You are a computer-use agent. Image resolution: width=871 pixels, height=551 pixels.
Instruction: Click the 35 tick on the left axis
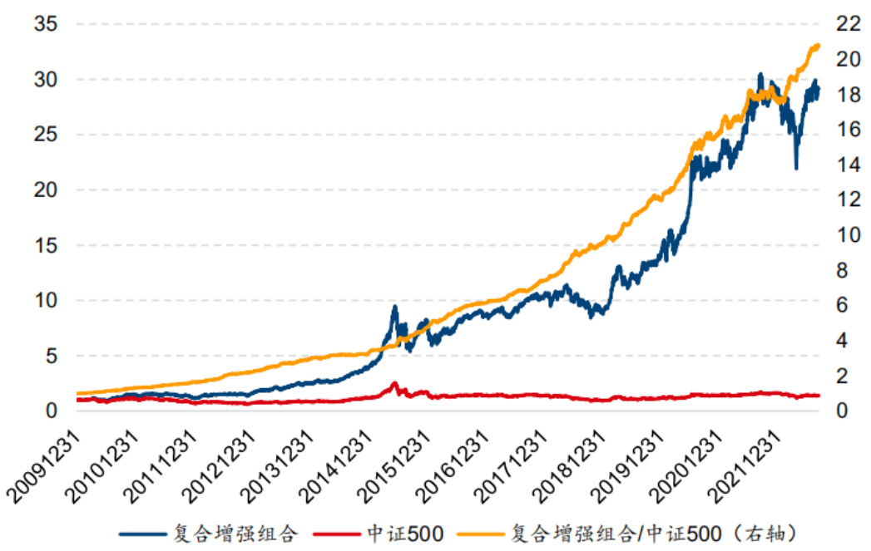(46, 25)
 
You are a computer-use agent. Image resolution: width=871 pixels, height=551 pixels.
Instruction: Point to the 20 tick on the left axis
(46, 190)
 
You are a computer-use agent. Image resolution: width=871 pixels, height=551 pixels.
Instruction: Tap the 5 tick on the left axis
(52, 356)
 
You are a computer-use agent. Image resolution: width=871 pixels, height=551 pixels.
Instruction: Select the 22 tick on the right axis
(844, 25)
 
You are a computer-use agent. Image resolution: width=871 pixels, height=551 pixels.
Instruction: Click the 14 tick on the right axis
(844, 165)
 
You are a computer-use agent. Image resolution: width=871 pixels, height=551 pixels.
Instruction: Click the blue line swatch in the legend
(143, 533)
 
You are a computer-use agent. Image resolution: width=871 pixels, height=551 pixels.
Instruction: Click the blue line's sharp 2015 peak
(394, 307)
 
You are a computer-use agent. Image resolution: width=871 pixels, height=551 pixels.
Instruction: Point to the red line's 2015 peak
(394, 383)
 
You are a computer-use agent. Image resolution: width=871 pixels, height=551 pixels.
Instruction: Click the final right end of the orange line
(819, 45)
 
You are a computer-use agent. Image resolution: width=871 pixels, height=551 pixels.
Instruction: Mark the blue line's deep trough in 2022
(796, 169)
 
